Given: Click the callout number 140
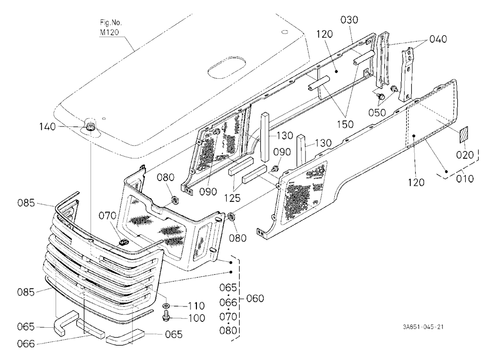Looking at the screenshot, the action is click(48, 127).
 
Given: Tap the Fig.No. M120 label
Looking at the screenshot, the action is click(111, 28).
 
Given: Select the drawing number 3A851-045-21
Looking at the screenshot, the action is click(423, 327).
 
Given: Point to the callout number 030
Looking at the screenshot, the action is click(349, 20).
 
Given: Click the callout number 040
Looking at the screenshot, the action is click(438, 39).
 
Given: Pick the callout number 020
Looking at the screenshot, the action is click(465, 155).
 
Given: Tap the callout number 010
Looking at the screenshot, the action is click(465, 179).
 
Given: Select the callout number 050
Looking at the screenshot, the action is click(377, 113).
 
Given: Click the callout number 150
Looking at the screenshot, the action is click(345, 124).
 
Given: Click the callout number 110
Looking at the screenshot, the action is click(196, 306).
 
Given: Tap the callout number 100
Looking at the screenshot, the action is click(197, 318).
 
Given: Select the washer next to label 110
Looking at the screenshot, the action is click(166, 305).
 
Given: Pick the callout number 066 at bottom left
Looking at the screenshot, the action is click(25, 344).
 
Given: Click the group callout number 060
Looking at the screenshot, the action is click(255, 299).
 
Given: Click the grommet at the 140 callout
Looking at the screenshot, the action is click(90, 127).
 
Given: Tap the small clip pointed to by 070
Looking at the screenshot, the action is click(123, 242).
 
